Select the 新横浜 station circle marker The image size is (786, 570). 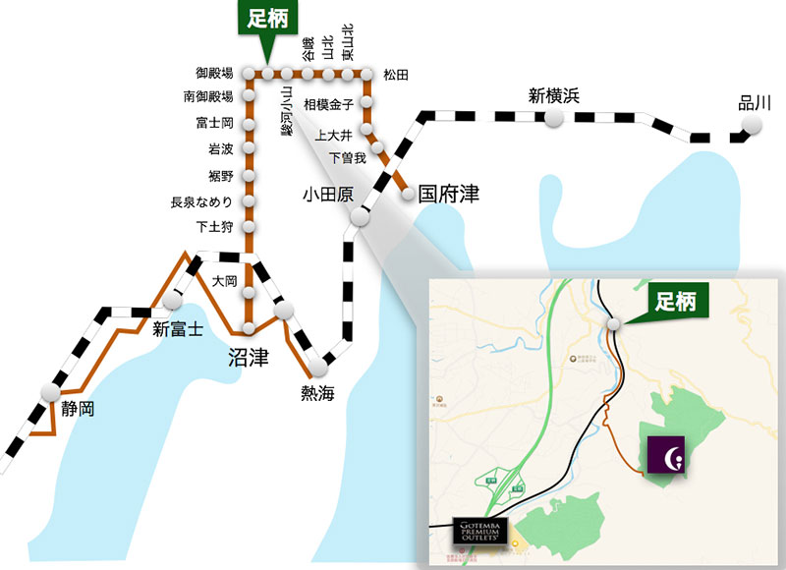(555, 118)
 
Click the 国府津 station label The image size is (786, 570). (448, 193)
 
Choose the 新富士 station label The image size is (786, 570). (177, 329)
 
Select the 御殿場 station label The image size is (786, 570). (214, 74)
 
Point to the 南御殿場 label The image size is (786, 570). (208, 96)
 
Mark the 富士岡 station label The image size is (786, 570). (214, 123)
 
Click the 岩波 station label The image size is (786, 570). (220, 149)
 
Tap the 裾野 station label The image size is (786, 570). (220, 176)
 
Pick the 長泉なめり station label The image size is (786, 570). (201, 202)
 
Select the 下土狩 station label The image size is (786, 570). (214, 228)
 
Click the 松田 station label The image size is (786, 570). (395, 75)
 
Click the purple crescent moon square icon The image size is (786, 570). (666, 456)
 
